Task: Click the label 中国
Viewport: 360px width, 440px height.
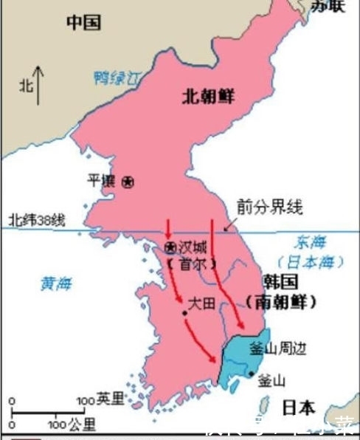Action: (83, 22)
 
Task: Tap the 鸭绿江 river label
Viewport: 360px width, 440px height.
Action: (120, 76)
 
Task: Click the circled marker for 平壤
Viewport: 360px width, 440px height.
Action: (128, 181)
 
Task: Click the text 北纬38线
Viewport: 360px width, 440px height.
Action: (37, 220)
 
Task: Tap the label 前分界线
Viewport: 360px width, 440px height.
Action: (270, 207)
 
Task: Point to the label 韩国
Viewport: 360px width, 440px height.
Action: (281, 282)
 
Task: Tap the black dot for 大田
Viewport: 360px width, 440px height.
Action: (184, 314)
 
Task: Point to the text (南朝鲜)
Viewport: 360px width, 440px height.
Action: (281, 303)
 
